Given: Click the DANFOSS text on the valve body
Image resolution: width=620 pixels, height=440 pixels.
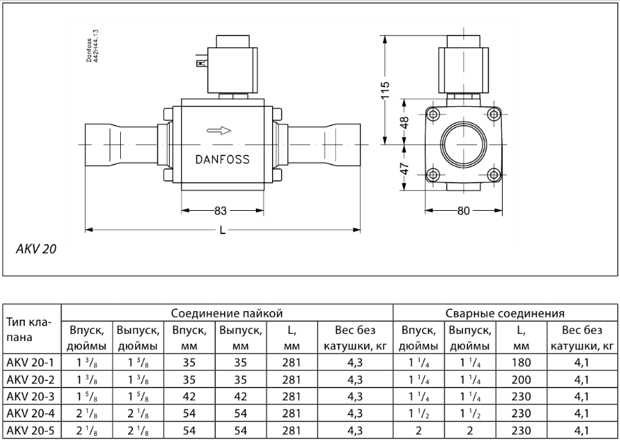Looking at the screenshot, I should point(222,159).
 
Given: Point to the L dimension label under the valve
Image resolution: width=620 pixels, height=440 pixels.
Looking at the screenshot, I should point(223,230).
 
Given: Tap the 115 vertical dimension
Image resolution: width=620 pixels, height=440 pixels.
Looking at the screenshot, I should point(385,91).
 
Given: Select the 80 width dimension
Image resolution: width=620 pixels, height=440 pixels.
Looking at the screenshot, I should point(464,210).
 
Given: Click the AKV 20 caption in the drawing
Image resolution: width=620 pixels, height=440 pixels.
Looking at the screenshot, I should point(35,249).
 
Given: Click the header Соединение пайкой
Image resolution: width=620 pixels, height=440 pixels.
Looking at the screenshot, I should point(228,312).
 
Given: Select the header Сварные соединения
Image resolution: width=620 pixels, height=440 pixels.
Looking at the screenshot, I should point(505,312).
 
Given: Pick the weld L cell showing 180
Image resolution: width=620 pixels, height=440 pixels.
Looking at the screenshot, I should point(521,362).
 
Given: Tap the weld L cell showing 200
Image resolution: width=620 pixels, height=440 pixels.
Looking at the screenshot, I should point(521,378).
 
